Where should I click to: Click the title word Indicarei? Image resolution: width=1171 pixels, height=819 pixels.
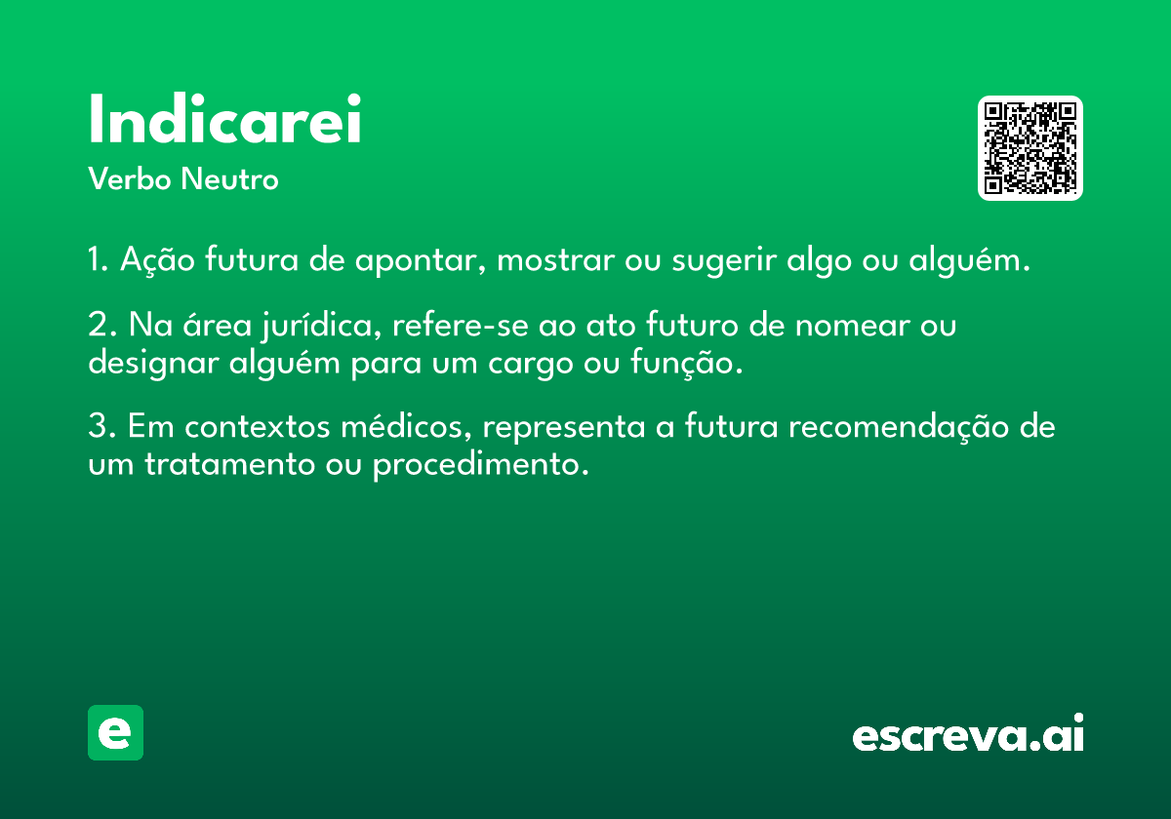pyautogui.click(x=224, y=118)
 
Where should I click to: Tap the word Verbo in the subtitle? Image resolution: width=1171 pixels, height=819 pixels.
pyautogui.click(x=130, y=178)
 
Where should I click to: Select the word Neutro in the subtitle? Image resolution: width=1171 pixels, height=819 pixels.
pyautogui.click(x=229, y=178)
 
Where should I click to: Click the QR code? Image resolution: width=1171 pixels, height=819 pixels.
pyautogui.click(x=1030, y=148)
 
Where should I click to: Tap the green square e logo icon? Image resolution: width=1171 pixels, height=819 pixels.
pyautogui.click(x=115, y=732)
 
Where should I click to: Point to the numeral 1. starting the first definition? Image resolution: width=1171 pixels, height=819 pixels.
pyautogui.click(x=99, y=259)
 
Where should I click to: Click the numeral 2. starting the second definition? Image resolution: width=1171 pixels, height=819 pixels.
pyautogui.click(x=101, y=325)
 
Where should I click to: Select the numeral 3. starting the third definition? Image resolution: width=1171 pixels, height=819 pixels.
pyautogui.click(x=101, y=426)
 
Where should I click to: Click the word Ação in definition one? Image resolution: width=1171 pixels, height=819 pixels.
pyautogui.click(x=157, y=260)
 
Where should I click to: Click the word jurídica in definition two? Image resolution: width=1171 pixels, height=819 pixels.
pyautogui.click(x=321, y=326)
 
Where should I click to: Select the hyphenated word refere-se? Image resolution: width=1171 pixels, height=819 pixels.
pyautogui.click(x=461, y=325)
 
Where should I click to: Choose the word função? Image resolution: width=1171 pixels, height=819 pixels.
pyautogui.click(x=686, y=363)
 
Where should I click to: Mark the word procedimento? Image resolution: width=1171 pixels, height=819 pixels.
pyautogui.click(x=481, y=464)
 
